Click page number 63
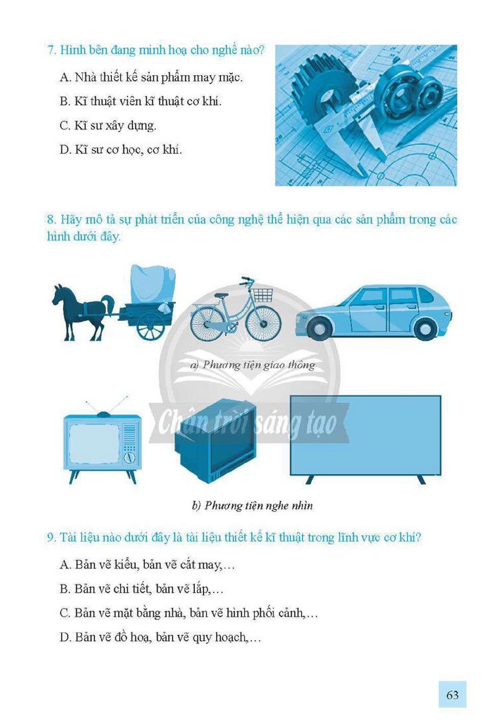pyautogui.click(x=452, y=694)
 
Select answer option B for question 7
pyautogui.click(x=141, y=101)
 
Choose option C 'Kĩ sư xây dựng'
pyautogui.click(x=108, y=126)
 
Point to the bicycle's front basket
pyautogui.click(x=262, y=295)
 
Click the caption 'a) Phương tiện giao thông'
pyautogui.click(x=252, y=365)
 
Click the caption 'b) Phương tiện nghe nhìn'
pyautogui.click(x=252, y=506)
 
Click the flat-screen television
pyautogui.click(x=365, y=439)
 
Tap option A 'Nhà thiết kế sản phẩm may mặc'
pyautogui.click(x=151, y=78)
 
